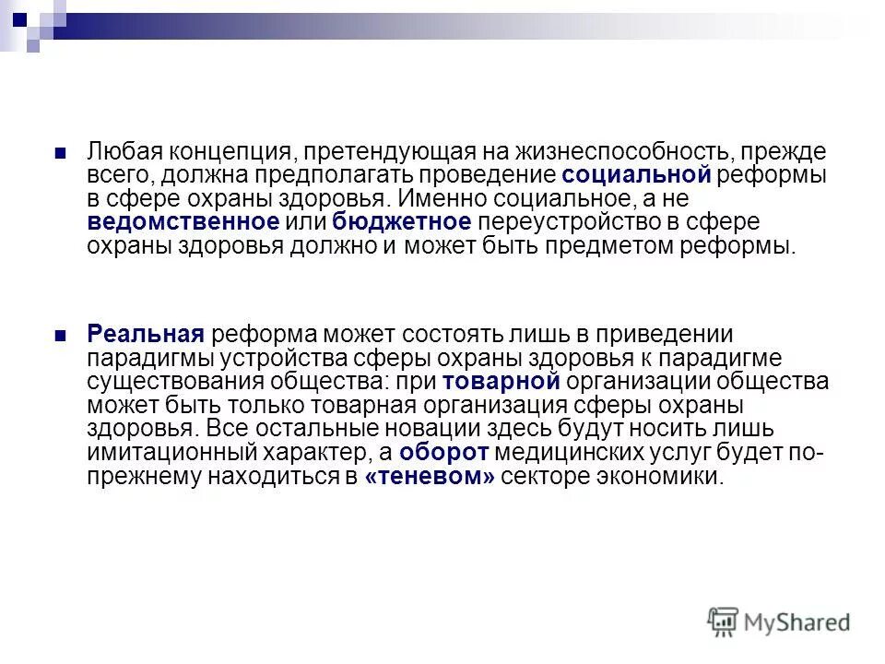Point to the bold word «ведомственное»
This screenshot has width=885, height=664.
coord(183,221)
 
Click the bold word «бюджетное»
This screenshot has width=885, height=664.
coord(402,221)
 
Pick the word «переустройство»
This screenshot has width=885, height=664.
coord(574,221)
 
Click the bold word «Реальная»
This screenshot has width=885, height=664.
coord(145,334)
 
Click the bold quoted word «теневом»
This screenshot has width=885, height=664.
coord(431,477)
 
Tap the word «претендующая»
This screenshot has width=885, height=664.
coord(395,150)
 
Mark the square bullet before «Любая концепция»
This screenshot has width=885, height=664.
coord(61,150)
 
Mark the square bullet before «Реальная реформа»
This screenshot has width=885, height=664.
coord(61,334)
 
